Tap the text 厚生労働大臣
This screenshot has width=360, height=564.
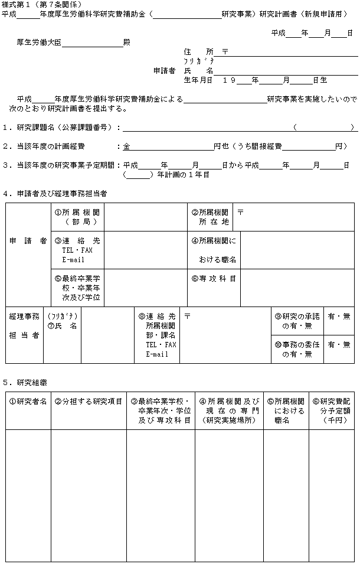point(40,43)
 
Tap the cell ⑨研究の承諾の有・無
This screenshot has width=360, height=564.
point(297,321)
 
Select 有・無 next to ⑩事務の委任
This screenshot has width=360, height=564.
point(339,344)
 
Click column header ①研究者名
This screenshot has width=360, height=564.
point(28,402)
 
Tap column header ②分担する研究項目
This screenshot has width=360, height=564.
point(89,402)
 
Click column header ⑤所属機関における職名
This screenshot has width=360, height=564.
point(286,411)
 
